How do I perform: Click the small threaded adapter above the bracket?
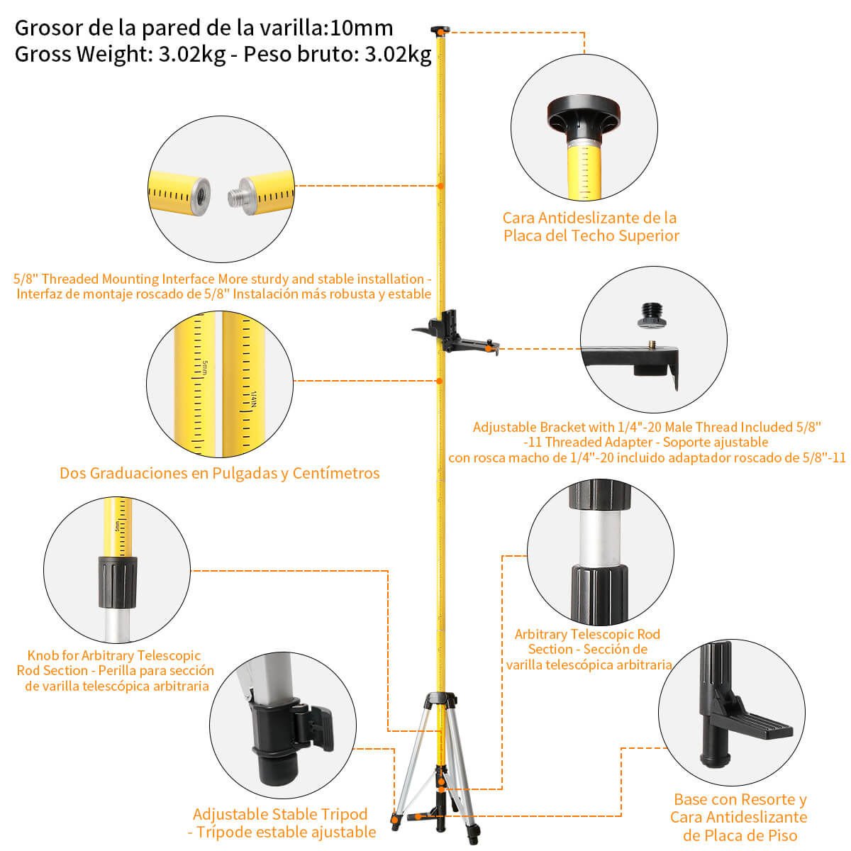pyautogui.click(x=653, y=315)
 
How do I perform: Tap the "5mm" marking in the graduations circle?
pyautogui.click(x=205, y=369)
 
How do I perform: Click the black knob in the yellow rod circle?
pyautogui.click(x=117, y=582)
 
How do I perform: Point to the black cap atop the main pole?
pyautogui.click(x=440, y=30)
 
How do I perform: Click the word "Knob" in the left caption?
pyautogui.click(x=43, y=655)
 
